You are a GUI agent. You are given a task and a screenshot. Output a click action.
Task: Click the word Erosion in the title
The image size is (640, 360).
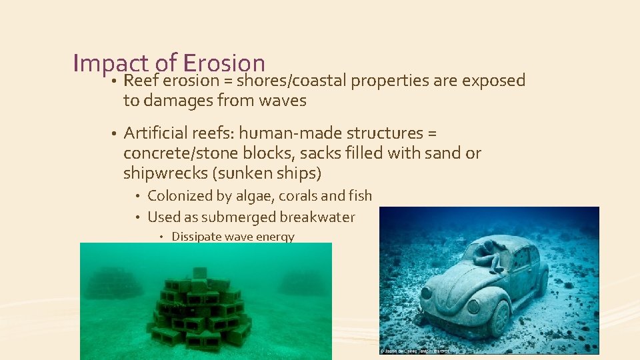[223, 63]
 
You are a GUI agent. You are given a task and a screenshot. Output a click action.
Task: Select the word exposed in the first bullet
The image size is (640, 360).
[493, 81]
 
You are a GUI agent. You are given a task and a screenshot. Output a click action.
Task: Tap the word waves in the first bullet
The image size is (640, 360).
[280, 101]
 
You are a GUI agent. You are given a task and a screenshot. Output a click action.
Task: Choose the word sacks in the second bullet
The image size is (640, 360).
[321, 153]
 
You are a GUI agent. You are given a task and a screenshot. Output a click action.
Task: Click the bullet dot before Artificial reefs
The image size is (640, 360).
[114, 134]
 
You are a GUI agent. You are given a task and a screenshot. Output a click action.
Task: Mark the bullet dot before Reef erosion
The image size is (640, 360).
[114, 81]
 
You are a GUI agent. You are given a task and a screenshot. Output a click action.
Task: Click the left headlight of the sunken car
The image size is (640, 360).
[426, 293]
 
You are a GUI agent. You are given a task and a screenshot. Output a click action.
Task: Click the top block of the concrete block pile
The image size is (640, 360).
[199, 273]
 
